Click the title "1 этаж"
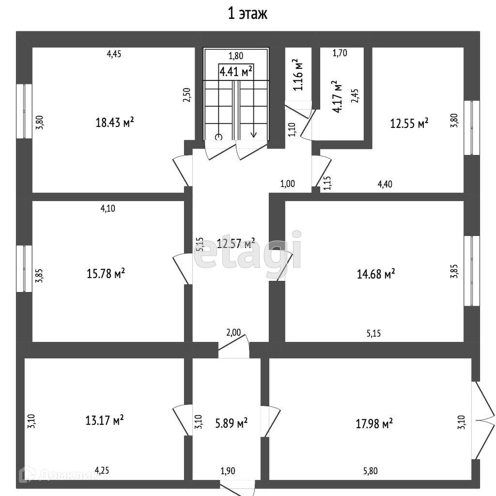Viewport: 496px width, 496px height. click(248, 14)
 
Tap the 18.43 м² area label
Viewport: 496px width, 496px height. click(115, 123)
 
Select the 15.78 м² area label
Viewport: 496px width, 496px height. click(106, 274)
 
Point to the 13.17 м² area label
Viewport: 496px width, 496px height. click(104, 419)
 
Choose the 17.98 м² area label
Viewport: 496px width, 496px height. click(373, 424)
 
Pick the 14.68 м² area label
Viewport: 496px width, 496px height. click(375, 274)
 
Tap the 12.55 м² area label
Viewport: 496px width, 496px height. click(409, 124)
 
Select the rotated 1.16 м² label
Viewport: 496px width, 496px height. click(298, 75)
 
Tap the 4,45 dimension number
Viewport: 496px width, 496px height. click(114, 54)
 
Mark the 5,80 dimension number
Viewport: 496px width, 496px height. click(371, 470)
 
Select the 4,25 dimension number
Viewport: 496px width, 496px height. click(102, 470)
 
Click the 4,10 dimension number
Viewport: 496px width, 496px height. click(108, 209)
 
